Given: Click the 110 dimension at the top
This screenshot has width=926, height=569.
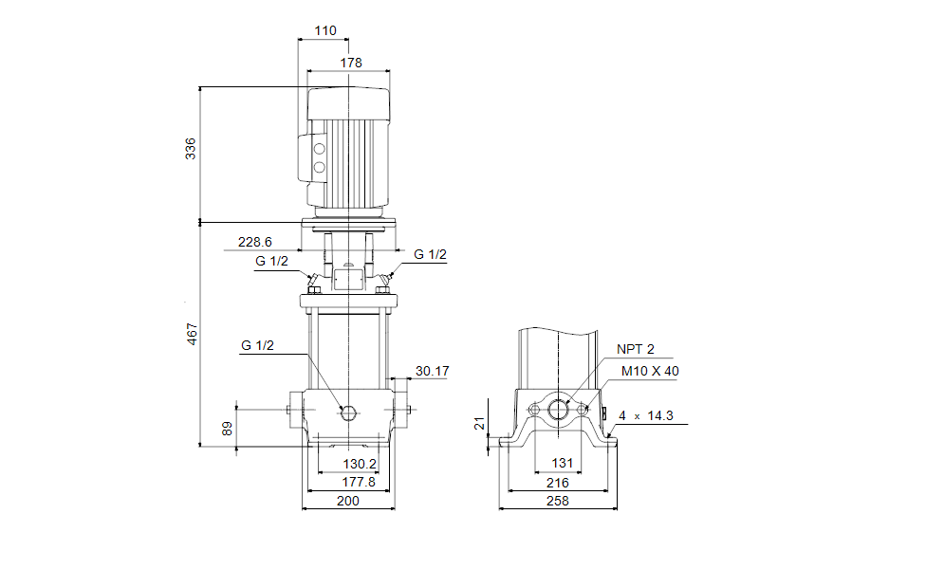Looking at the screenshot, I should (x=324, y=30).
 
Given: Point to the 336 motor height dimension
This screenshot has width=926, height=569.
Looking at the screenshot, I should (x=191, y=148).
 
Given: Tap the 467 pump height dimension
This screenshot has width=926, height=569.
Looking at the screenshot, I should (x=191, y=334).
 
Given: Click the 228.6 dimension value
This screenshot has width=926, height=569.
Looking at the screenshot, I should (x=254, y=242).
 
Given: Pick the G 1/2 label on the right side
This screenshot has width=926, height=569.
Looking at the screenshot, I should (x=430, y=254).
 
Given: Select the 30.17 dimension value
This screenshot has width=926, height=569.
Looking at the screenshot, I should (x=432, y=371).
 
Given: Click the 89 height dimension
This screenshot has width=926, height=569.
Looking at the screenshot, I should (x=226, y=429).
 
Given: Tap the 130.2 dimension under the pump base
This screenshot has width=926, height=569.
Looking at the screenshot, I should (x=361, y=465).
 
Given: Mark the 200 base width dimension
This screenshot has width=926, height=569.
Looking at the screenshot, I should (x=348, y=501).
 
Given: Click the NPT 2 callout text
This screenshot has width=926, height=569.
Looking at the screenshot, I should (x=636, y=348).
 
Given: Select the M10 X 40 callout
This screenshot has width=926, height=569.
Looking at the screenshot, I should (x=650, y=371).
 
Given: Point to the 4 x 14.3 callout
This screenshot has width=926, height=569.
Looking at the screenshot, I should (x=652, y=415).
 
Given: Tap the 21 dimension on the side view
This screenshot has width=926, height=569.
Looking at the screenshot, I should (x=478, y=423).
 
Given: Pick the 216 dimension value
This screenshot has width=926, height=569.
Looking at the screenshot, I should (x=558, y=483).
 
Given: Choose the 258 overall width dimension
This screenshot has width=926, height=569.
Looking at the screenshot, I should (x=558, y=501).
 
